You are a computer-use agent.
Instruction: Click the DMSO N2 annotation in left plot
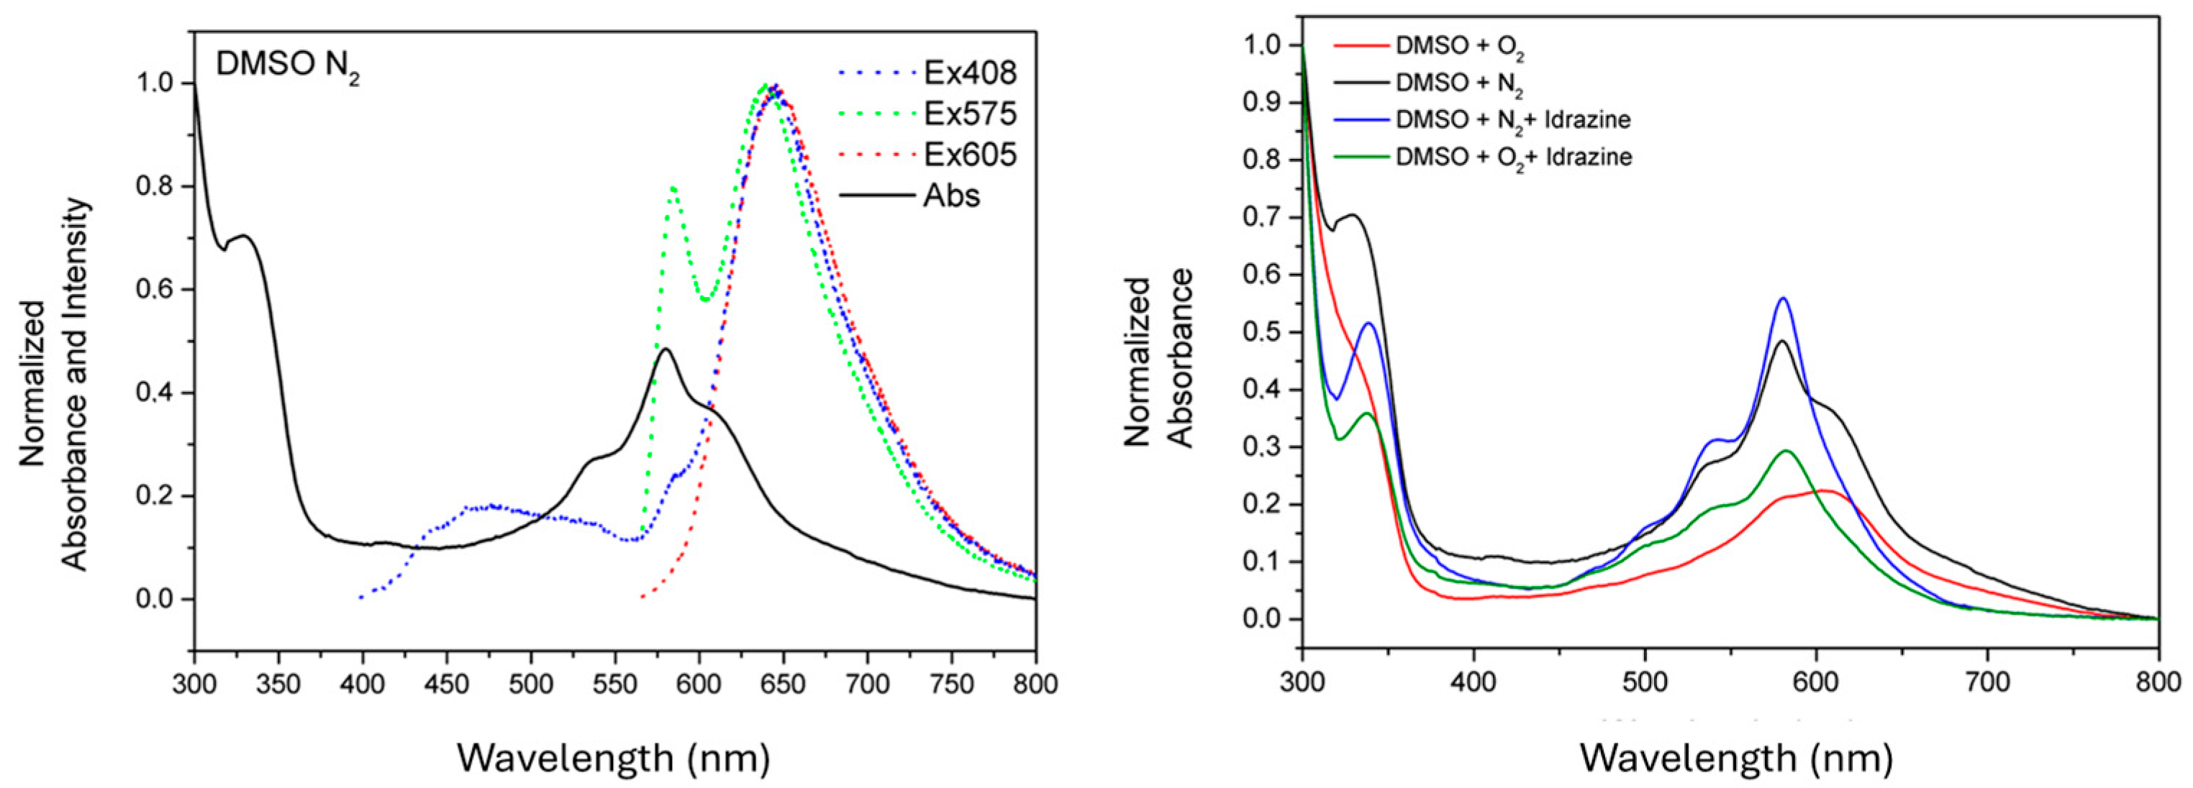pyautogui.click(x=287, y=65)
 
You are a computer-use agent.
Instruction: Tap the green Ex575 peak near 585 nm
pyautogui.click(x=673, y=187)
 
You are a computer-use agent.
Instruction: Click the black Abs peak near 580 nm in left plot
pyautogui.click(x=665, y=349)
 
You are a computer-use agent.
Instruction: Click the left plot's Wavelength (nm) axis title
pyautogui.click(x=613, y=756)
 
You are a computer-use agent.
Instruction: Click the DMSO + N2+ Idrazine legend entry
pyautogui.click(x=1512, y=120)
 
